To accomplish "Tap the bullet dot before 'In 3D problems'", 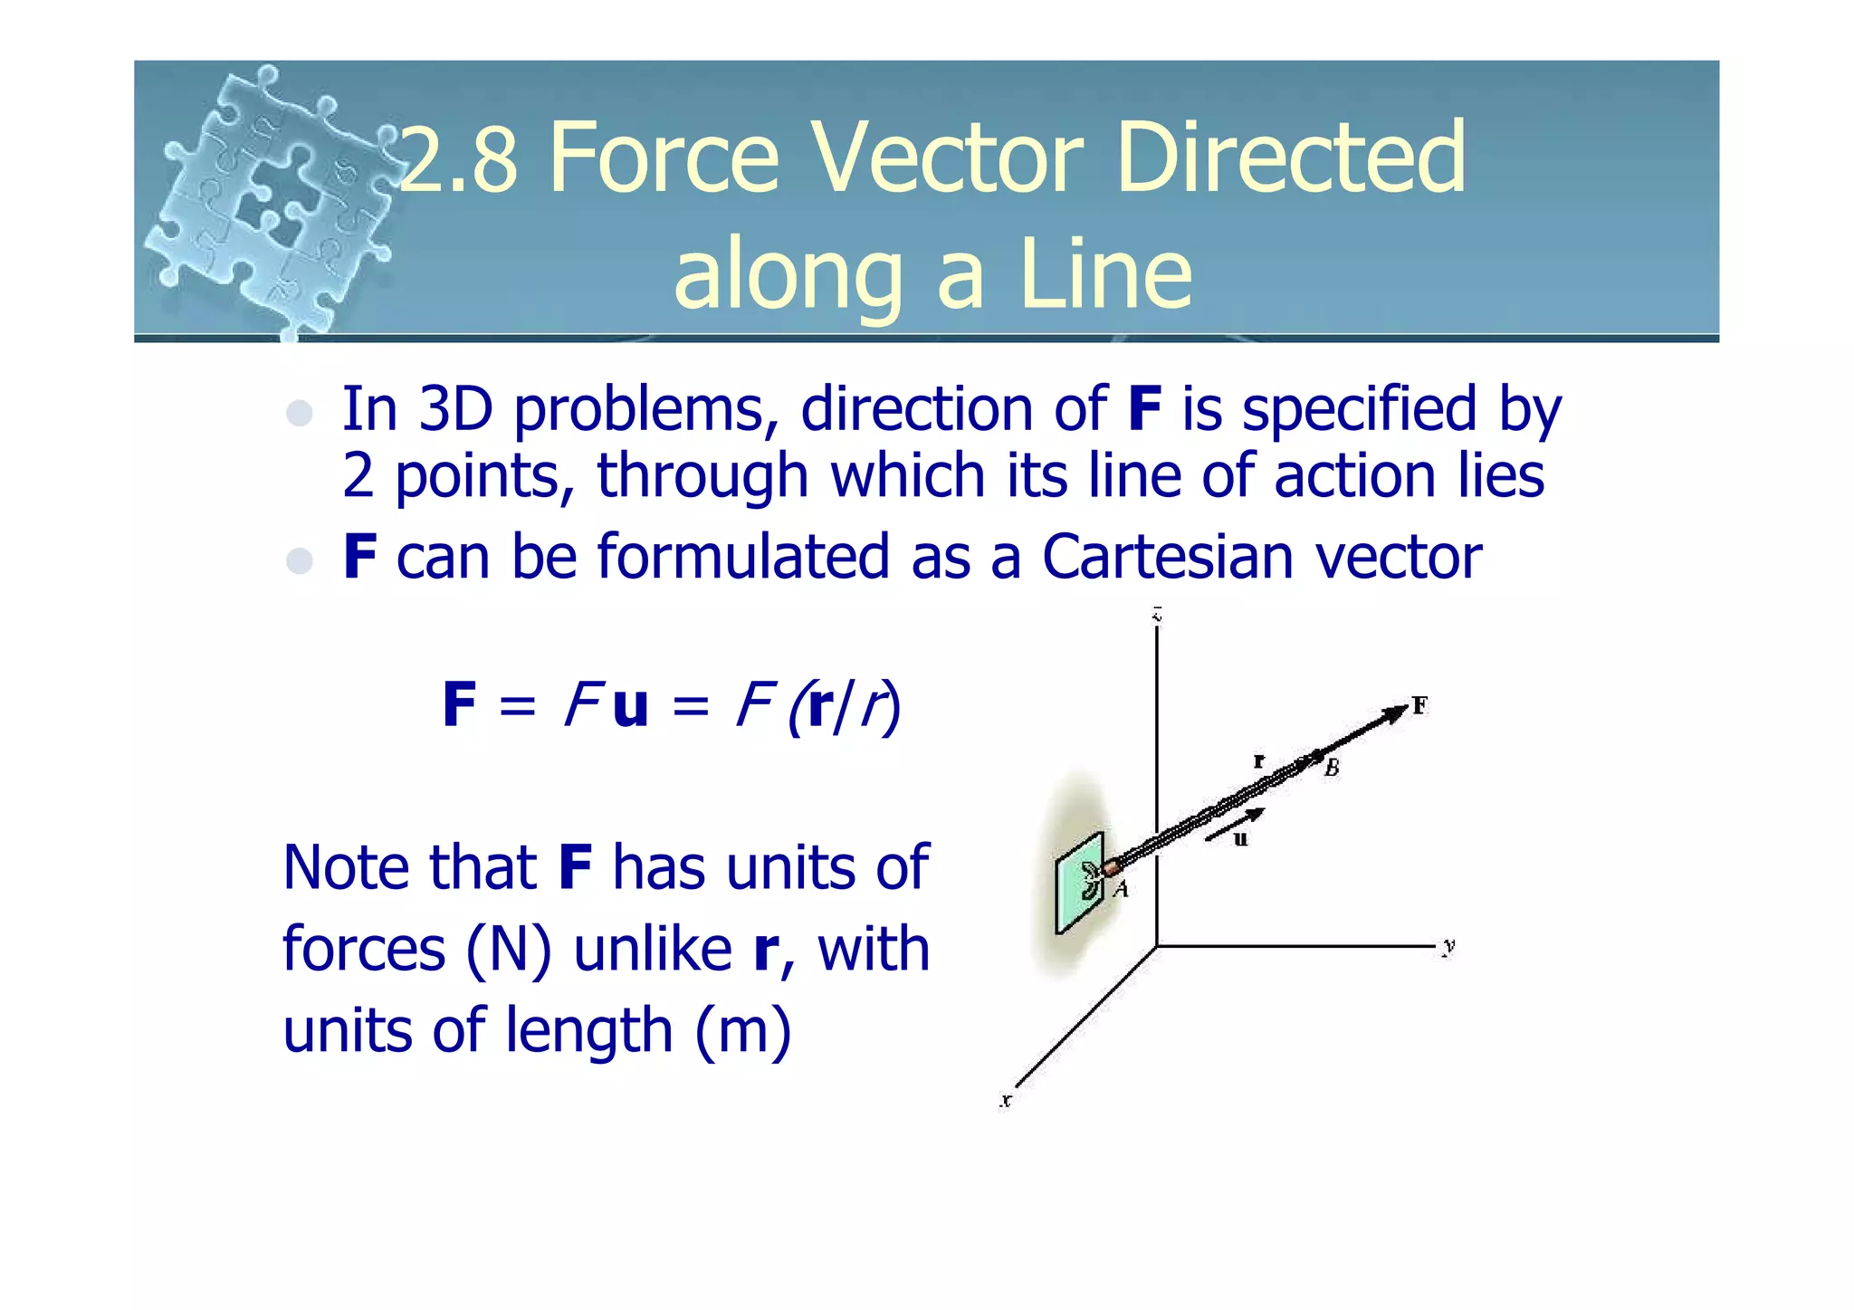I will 299,414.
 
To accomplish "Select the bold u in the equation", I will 630,705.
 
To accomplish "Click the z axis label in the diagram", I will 1157,617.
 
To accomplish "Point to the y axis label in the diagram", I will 1449,946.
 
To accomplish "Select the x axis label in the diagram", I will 1006,1101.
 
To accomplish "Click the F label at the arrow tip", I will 1419,705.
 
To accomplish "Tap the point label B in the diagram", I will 1332,769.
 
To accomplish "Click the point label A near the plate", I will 1122,889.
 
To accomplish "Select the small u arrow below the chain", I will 1233,825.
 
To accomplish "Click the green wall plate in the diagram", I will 1079,883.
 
